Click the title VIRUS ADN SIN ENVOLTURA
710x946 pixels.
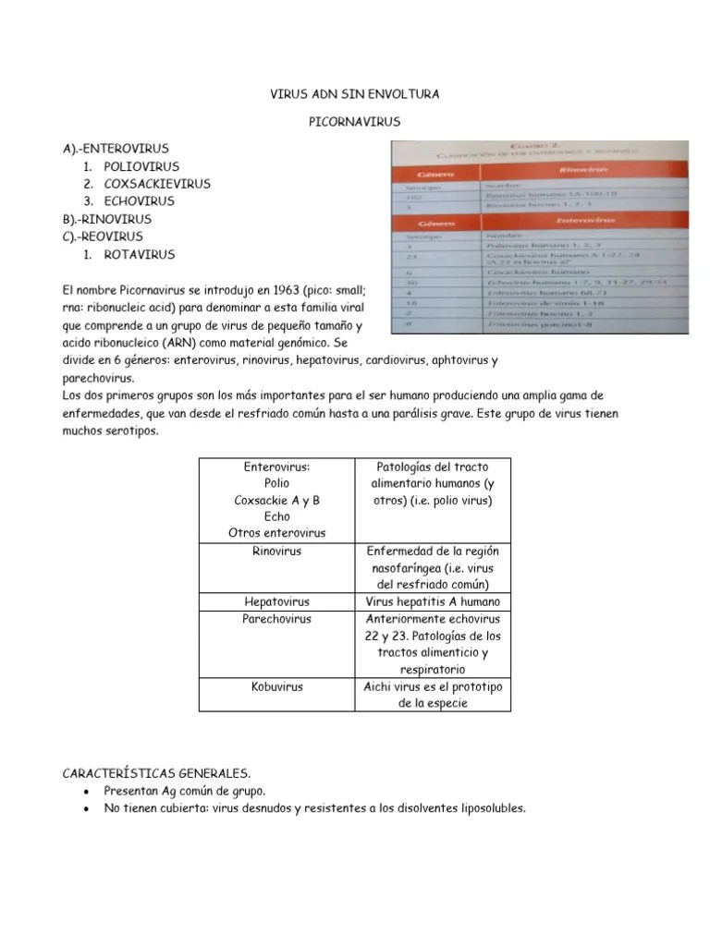[x=354, y=94]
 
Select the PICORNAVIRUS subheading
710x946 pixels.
[x=354, y=121]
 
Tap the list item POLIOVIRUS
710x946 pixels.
[x=141, y=166]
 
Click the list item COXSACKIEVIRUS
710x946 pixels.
[x=157, y=184]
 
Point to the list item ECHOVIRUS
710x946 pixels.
[x=139, y=201]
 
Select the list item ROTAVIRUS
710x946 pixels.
[x=139, y=254]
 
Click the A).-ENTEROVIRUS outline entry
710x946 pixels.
[x=116, y=149]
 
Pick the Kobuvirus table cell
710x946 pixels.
[x=276, y=686]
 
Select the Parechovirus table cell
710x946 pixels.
[x=276, y=619]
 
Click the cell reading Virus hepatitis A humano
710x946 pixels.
[x=433, y=601]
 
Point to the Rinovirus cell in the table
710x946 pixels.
[x=276, y=552]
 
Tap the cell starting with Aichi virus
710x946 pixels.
[x=433, y=695]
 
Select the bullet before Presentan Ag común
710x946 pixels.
[x=86, y=792]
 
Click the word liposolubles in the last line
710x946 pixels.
[x=490, y=808]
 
